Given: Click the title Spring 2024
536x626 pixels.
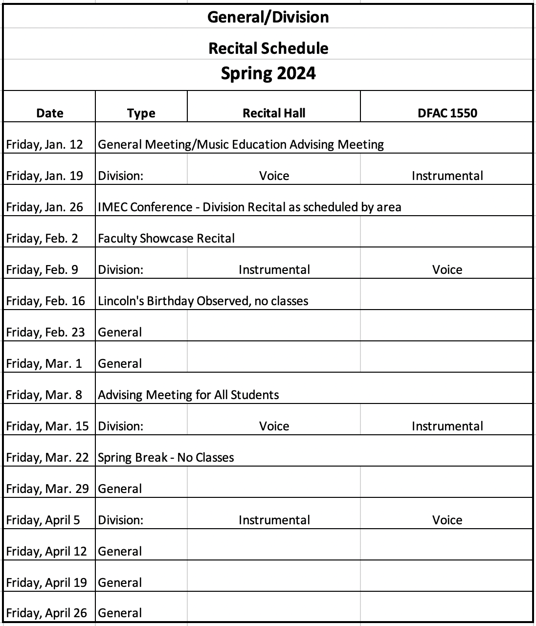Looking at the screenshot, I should click(268, 74).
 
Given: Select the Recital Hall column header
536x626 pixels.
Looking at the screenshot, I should click(274, 113).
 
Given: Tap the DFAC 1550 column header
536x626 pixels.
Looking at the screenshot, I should click(447, 113).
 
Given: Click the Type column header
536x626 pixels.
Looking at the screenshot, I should click(141, 113).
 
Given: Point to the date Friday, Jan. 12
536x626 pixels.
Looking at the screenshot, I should click(45, 144).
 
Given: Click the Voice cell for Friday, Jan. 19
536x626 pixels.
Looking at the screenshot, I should click(274, 176).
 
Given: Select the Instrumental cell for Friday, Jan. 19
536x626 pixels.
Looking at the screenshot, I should click(447, 176).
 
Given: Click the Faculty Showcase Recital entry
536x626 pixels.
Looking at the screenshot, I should click(166, 238).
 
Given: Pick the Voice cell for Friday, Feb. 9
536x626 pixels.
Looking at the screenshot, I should click(447, 269).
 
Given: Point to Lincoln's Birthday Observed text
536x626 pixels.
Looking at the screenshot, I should click(203, 301).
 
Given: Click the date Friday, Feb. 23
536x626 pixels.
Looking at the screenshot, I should click(45, 332).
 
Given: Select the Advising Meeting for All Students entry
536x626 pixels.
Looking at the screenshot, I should click(188, 395).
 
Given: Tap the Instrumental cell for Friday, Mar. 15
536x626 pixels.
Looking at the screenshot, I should click(447, 426).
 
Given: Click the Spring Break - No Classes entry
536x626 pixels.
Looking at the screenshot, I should click(166, 457).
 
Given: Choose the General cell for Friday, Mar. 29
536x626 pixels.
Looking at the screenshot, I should click(120, 489).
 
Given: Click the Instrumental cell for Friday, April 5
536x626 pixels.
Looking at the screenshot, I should click(274, 520).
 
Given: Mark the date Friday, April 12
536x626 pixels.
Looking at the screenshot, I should click(46, 551).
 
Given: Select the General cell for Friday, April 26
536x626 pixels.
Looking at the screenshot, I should click(120, 613).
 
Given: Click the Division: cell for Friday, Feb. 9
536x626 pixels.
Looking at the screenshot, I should click(121, 269).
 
